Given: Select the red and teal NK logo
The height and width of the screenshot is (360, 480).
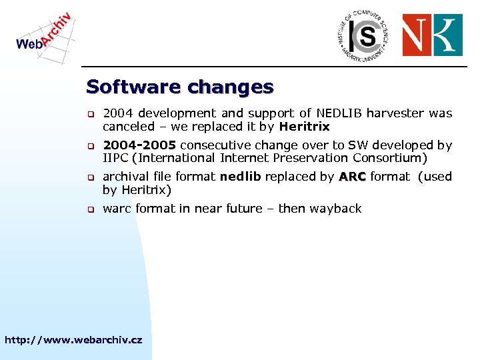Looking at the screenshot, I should point(432,35).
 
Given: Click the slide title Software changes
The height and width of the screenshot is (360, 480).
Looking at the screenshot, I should point(180,87).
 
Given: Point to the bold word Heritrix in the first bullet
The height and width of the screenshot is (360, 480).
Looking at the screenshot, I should point(304,127).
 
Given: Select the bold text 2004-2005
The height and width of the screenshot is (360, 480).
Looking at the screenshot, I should point(139,145).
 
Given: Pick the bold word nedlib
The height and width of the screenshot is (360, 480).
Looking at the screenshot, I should point(241,177).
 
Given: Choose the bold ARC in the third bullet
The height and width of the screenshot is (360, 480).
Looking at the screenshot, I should point(352,177).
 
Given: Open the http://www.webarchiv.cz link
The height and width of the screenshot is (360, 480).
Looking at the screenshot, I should point(73,340).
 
